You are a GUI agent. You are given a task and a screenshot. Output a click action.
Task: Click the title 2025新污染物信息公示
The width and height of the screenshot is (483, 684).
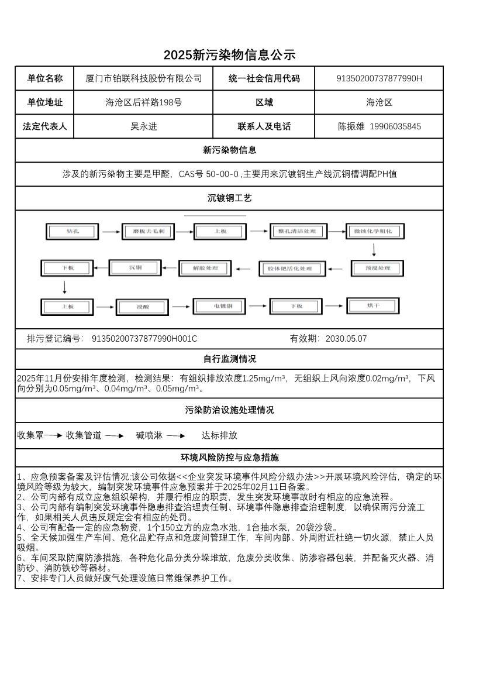[229, 55]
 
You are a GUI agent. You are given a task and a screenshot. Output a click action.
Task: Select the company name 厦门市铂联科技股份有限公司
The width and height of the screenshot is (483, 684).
[143, 78]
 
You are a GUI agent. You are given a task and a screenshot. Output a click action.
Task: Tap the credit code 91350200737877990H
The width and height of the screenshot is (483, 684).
[379, 78]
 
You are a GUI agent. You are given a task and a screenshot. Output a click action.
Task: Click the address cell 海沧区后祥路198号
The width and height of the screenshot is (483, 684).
[143, 102]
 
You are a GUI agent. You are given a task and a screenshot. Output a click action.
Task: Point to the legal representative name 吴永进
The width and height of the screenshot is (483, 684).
[143, 126]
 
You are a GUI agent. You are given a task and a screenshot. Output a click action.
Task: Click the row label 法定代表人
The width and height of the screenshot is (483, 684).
[44, 126]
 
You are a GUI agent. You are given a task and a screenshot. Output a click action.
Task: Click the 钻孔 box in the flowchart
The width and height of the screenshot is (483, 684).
[72, 231]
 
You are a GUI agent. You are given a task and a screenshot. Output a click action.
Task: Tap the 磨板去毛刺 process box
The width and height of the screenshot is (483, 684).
[149, 231]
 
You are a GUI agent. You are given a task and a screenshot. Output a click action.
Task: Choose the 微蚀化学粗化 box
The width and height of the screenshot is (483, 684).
[375, 231]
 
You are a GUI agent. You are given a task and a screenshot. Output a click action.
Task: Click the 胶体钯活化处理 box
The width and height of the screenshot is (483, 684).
[290, 269]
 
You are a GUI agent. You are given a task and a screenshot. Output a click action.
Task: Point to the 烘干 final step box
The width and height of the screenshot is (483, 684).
[373, 305]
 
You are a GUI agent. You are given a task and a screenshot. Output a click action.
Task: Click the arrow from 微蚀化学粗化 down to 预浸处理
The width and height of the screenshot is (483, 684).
[374, 250]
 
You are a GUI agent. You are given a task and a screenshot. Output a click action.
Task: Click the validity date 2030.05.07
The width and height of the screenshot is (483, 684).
[346, 339]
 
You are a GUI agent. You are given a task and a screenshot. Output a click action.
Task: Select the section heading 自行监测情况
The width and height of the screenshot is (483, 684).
[229, 359]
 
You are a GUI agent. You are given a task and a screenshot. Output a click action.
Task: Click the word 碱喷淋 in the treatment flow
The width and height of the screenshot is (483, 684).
[149, 435]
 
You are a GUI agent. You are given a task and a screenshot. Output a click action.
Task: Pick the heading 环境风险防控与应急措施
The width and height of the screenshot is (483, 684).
[229, 457]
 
